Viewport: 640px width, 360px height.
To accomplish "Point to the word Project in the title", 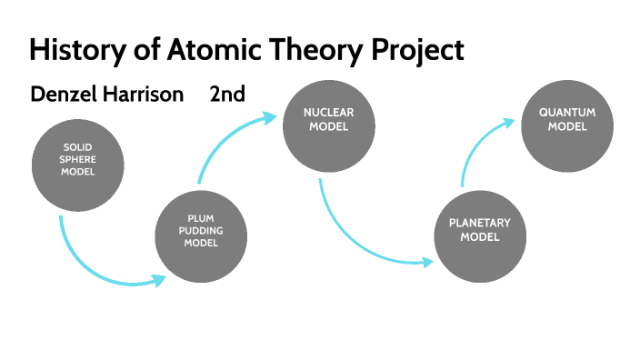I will [418, 50].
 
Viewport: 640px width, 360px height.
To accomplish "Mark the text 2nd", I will [226, 94].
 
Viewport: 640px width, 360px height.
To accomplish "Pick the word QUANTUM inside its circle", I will [567, 113].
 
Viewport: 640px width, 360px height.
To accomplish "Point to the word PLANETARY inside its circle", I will [480, 223].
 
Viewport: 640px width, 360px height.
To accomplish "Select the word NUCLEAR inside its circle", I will [329, 113].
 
